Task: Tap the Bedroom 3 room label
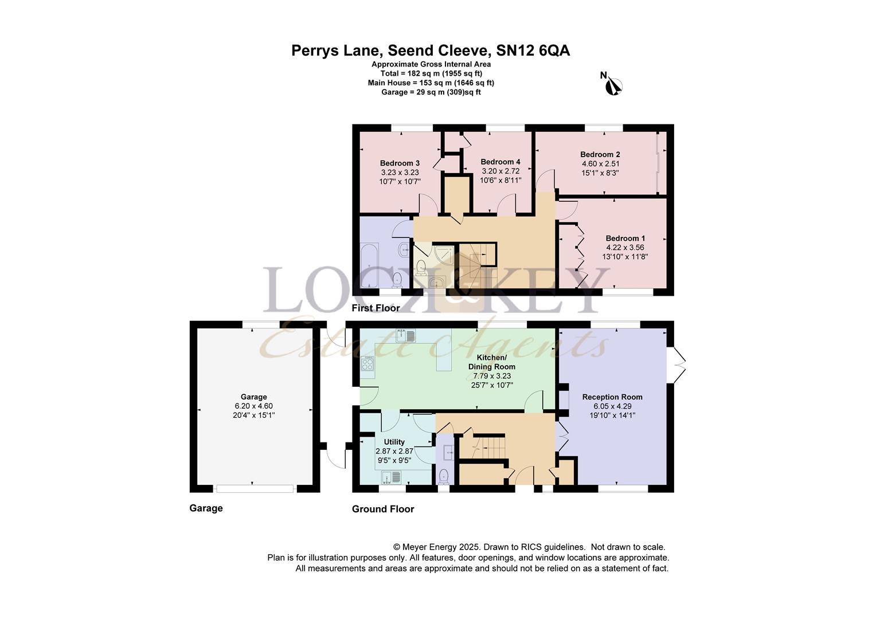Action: click(400, 163)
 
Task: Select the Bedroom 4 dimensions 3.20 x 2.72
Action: click(500, 171)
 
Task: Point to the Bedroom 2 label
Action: click(600, 154)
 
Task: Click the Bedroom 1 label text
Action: click(625, 238)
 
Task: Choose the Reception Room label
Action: click(612, 397)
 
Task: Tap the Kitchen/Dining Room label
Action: click(491, 362)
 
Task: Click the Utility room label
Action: click(394, 442)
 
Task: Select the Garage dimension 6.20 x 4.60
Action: click(254, 406)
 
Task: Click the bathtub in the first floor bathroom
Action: click(369, 265)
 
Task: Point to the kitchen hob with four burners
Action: click(367, 364)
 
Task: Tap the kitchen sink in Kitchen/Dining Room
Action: click(405, 335)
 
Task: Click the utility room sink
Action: click(392, 477)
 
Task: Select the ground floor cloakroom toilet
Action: click(443, 476)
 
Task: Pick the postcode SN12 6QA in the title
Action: click(533, 51)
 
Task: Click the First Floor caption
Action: click(376, 308)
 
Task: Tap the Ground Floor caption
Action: click(383, 509)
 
